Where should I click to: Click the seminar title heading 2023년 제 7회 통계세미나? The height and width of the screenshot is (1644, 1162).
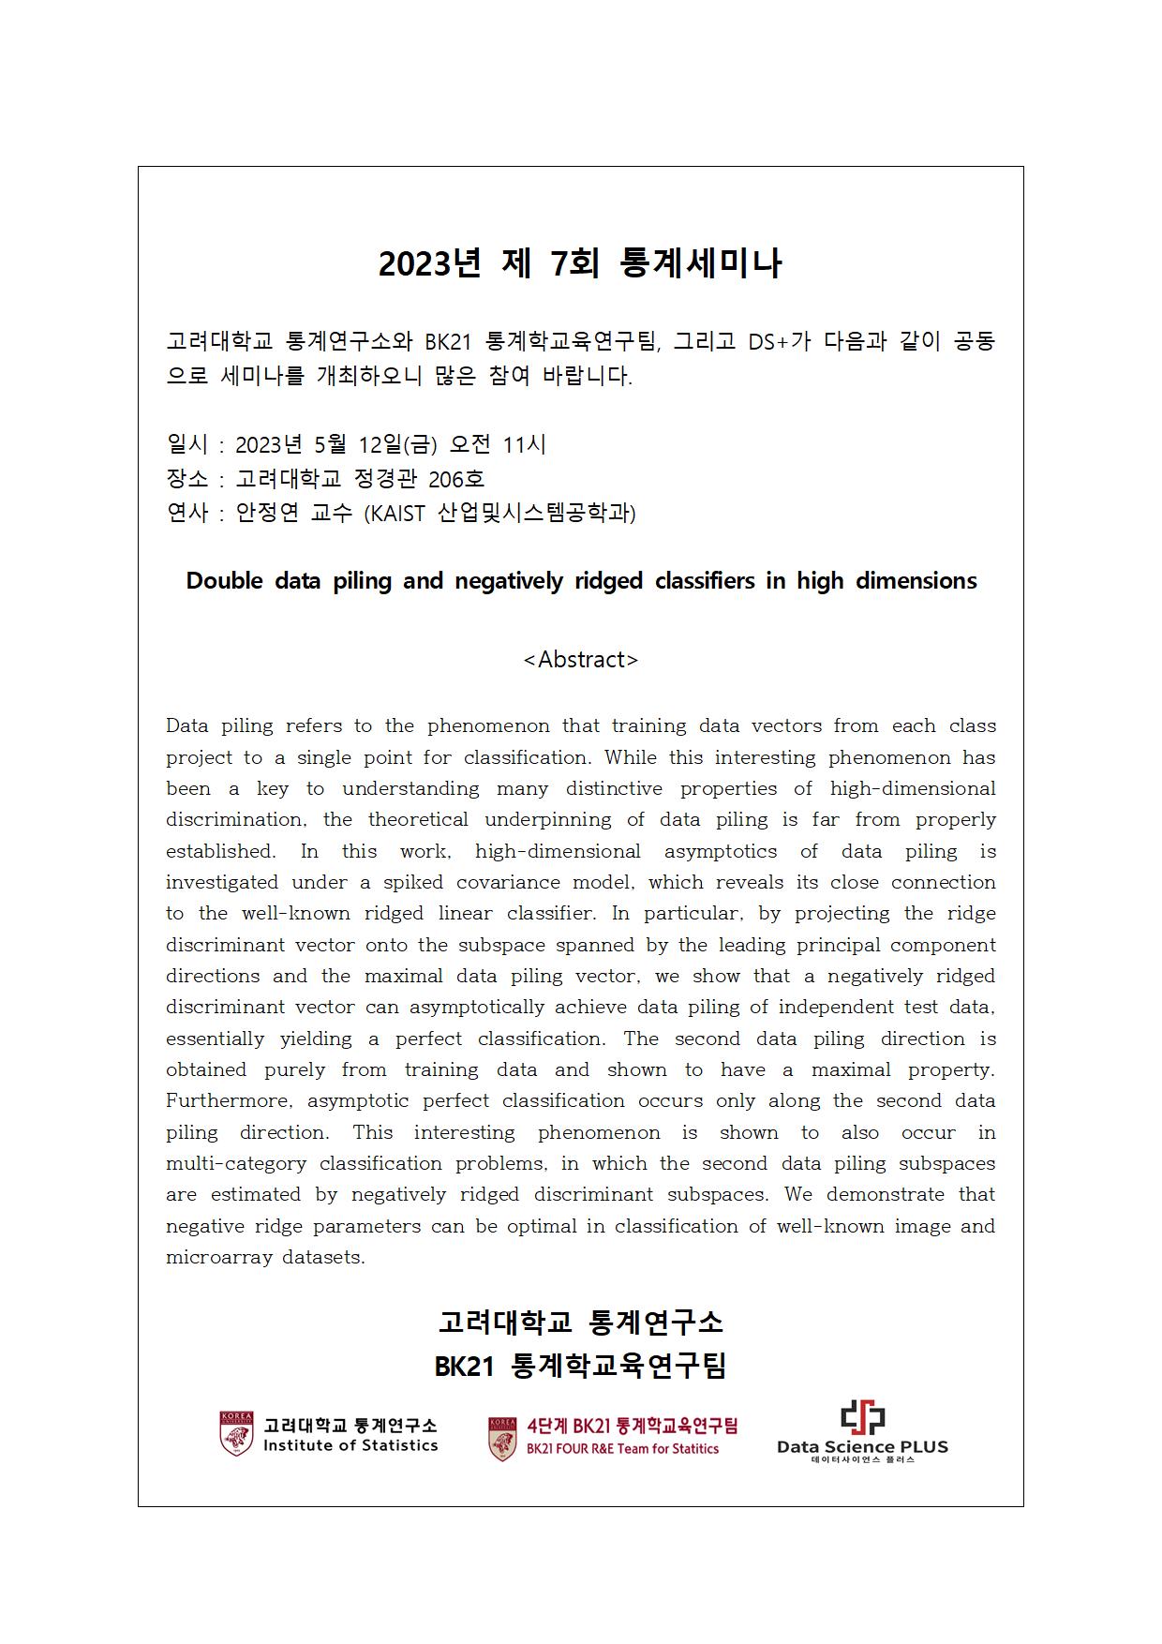(580, 264)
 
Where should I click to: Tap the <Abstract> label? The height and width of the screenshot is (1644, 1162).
(581, 660)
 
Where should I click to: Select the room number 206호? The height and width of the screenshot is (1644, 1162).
(456, 479)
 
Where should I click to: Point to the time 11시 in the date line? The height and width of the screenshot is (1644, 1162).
(524, 444)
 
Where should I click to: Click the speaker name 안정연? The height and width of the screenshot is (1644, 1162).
(267, 514)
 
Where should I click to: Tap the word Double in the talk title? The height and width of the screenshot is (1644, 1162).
(224, 581)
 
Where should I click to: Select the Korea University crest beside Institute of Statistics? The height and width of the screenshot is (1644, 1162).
(236, 1434)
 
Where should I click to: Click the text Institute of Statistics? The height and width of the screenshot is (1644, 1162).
(350, 1445)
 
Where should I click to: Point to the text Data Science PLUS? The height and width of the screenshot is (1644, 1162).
(862, 1446)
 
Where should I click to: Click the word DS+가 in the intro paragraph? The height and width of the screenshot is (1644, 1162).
(779, 341)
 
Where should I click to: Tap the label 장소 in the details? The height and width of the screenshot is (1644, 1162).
(186, 479)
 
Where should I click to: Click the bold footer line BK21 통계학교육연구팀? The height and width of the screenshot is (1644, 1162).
(580, 1366)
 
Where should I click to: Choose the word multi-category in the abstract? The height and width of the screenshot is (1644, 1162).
(236, 1164)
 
